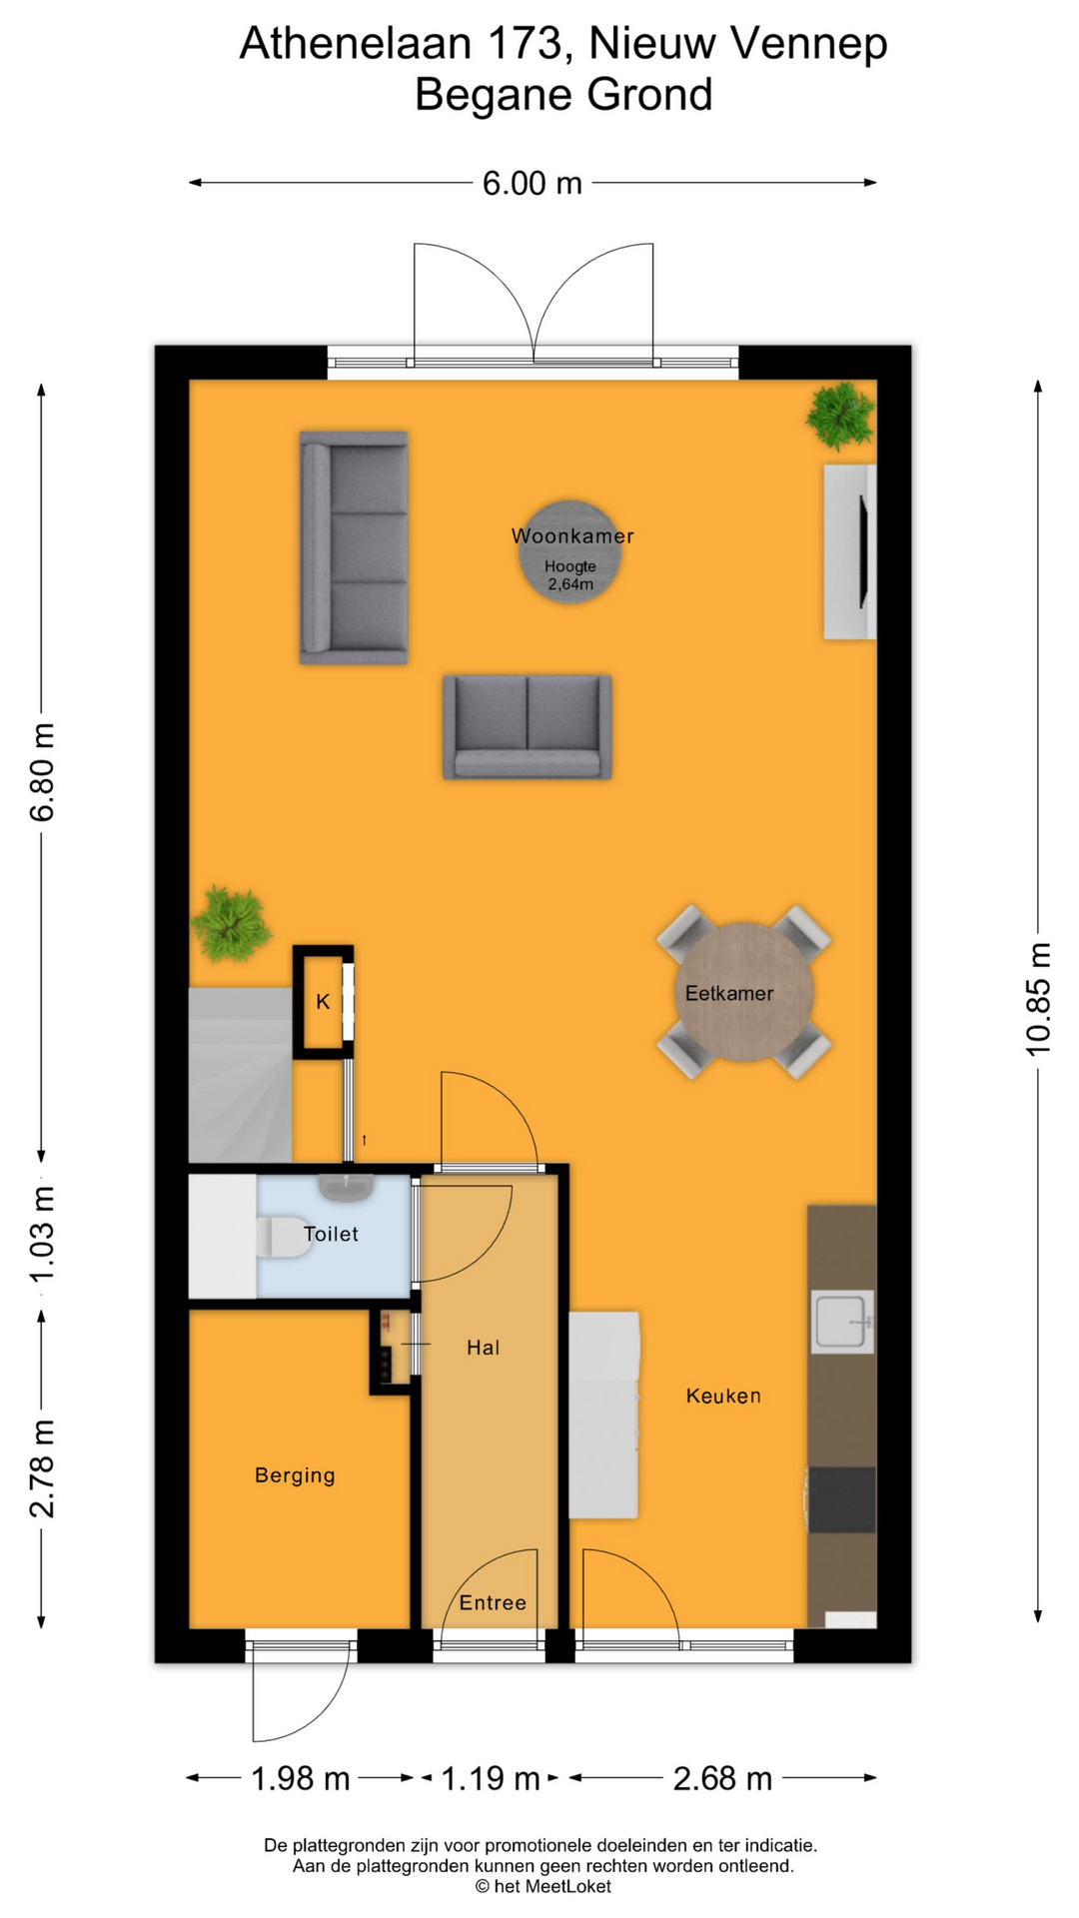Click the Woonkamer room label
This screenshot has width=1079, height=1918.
click(x=572, y=536)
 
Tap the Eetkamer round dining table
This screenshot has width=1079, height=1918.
click(x=744, y=992)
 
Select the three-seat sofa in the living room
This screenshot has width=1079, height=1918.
click(x=354, y=547)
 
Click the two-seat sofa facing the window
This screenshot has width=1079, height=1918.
click(x=528, y=727)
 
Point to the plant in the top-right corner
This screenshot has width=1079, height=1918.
click(x=841, y=416)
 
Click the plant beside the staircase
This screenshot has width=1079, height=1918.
click(x=231, y=924)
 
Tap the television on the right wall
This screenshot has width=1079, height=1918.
click(x=863, y=551)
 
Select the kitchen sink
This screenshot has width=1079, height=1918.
click(x=842, y=1322)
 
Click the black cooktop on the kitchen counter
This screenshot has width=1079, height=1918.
click(x=841, y=1499)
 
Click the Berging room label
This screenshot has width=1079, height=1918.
click(x=295, y=1475)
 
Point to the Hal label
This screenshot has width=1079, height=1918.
click(x=483, y=1348)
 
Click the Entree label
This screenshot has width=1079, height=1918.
click(x=493, y=1602)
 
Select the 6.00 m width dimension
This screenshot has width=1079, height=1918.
click(x=533, y=183)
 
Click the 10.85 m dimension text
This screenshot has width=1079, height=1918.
click(x=1039, y=999)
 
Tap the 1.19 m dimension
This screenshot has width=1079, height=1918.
click(x=491, y=1778)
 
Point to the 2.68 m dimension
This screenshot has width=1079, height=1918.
click(x=722, y=1778)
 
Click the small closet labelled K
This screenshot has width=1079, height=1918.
click(x=323, y=1002)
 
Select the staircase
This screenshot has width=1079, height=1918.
click(x=241, y=1075)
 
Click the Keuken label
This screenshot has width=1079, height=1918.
click(x=723, y=1396)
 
